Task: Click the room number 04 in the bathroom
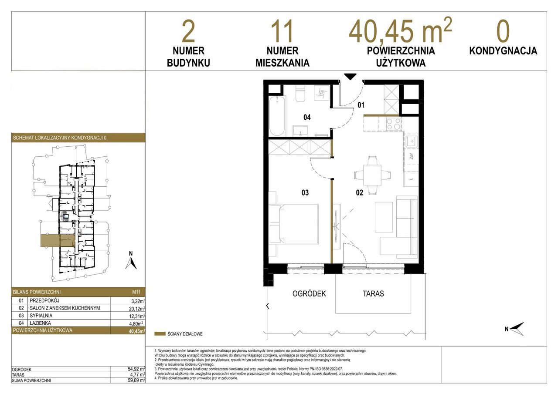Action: [307, 117]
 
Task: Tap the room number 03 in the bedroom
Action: [305, 192]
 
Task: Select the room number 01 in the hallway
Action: [361, 105]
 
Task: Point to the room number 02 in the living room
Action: [360, 192]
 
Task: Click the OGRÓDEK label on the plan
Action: [309, 293]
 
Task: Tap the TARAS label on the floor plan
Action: [373, 293]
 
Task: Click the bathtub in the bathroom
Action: [277, 116]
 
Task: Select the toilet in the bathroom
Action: [300, 93]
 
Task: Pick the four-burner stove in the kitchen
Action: [394, 124]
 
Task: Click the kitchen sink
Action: [411, 142]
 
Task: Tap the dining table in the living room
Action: [372, 175]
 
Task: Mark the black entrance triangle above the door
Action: [350, 77]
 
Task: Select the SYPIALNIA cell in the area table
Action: [41, 316]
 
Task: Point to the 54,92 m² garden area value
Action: [136, 369]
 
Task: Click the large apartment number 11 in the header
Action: [282, 32]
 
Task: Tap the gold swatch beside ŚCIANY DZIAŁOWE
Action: [160, 334]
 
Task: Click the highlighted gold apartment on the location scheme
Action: [58, 240]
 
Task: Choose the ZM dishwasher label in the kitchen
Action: [411, 156]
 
